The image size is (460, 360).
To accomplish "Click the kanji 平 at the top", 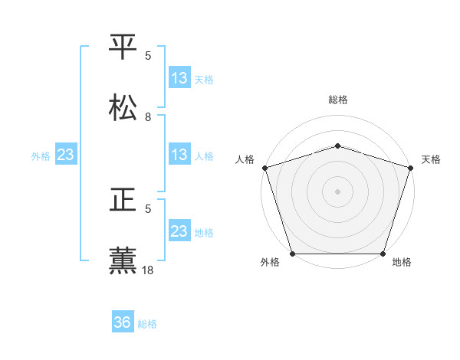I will (x=123, y=47).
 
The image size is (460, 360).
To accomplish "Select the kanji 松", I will (x=123, y=108).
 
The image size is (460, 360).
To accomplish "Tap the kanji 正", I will (x=123, y=200).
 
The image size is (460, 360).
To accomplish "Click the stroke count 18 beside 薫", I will (x=148, y=270).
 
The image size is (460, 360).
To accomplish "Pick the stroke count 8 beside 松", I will (x=148, y=116).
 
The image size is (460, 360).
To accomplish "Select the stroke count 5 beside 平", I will (x=148, y=55).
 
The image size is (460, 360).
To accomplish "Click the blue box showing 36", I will (x=123, y=323).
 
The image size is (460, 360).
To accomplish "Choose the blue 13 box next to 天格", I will (x=179, y=78).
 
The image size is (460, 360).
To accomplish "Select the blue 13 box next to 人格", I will (x=179, y=155).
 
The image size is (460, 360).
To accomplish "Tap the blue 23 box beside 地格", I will (x=179, y=231).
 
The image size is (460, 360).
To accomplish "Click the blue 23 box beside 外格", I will (x=66, y=155).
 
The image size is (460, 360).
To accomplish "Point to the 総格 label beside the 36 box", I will (x=147, y=324).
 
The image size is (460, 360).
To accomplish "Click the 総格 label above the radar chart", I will (x=338, y=100).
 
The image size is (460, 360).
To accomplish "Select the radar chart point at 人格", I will (x=265, y=168).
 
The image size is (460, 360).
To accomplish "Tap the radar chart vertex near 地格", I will (x=383, y=254).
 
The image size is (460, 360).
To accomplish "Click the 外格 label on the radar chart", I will (x=270, y=263).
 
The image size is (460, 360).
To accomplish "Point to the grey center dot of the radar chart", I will (x=337, y=191).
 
